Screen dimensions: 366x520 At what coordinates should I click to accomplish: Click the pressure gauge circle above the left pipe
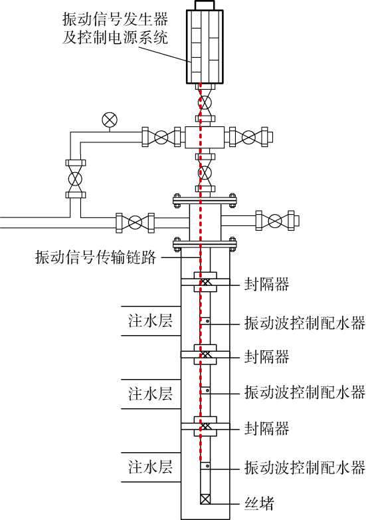110,120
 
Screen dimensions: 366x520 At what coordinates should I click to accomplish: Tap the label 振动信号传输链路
96,257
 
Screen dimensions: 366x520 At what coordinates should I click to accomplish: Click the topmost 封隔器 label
266,284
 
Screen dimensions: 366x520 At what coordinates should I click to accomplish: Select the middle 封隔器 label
266,356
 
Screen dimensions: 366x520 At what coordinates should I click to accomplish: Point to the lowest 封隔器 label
266,428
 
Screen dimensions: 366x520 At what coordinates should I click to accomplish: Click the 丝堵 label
259,503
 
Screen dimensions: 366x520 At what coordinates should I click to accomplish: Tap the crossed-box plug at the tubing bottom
205,499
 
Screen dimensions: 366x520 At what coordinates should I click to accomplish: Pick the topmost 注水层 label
150,321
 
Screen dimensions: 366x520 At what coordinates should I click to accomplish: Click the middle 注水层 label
150,394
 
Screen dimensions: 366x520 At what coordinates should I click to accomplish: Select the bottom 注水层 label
150,467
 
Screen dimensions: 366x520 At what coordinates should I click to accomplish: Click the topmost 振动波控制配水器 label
305,323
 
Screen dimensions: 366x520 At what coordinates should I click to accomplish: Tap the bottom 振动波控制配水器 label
305,467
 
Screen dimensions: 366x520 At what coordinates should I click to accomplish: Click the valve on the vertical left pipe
76,179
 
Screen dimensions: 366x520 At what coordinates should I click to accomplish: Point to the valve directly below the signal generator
205,102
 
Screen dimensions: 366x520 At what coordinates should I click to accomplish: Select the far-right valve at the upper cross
248,137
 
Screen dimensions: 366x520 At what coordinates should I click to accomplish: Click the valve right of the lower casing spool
275,221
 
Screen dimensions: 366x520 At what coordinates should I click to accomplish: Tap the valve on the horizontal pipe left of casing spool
135,223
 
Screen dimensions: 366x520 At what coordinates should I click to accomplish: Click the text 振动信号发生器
116,19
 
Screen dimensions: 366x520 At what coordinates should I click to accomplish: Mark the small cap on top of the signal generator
205,5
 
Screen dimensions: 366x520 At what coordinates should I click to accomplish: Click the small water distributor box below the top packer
205,321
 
